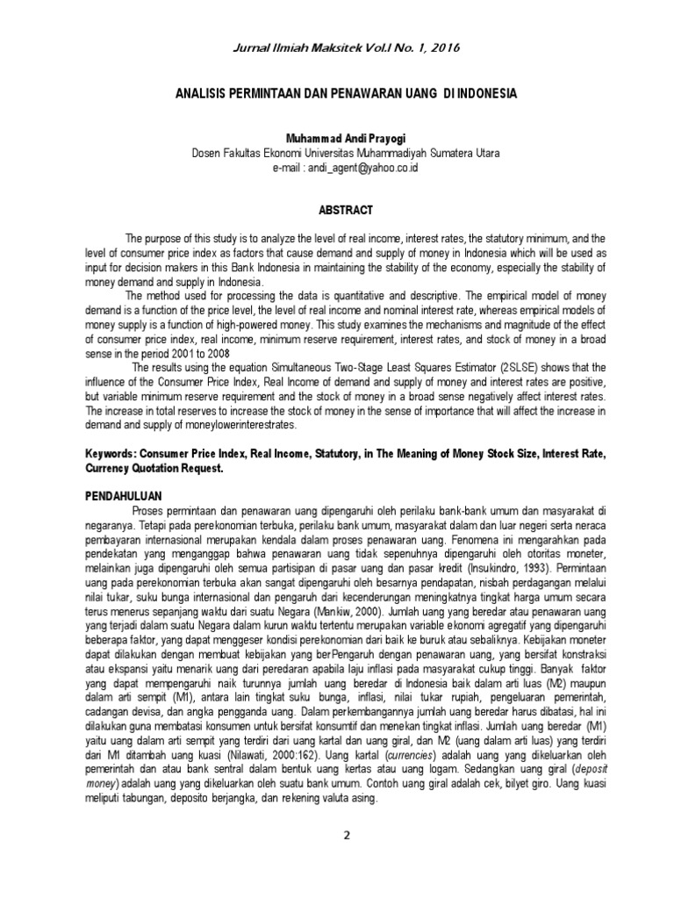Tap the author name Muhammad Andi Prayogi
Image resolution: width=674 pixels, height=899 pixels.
(x=337, y=139)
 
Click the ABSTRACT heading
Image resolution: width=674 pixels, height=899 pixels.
(x=337, y=210)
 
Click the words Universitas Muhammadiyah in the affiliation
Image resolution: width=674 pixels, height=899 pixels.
(x=385, y=153)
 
